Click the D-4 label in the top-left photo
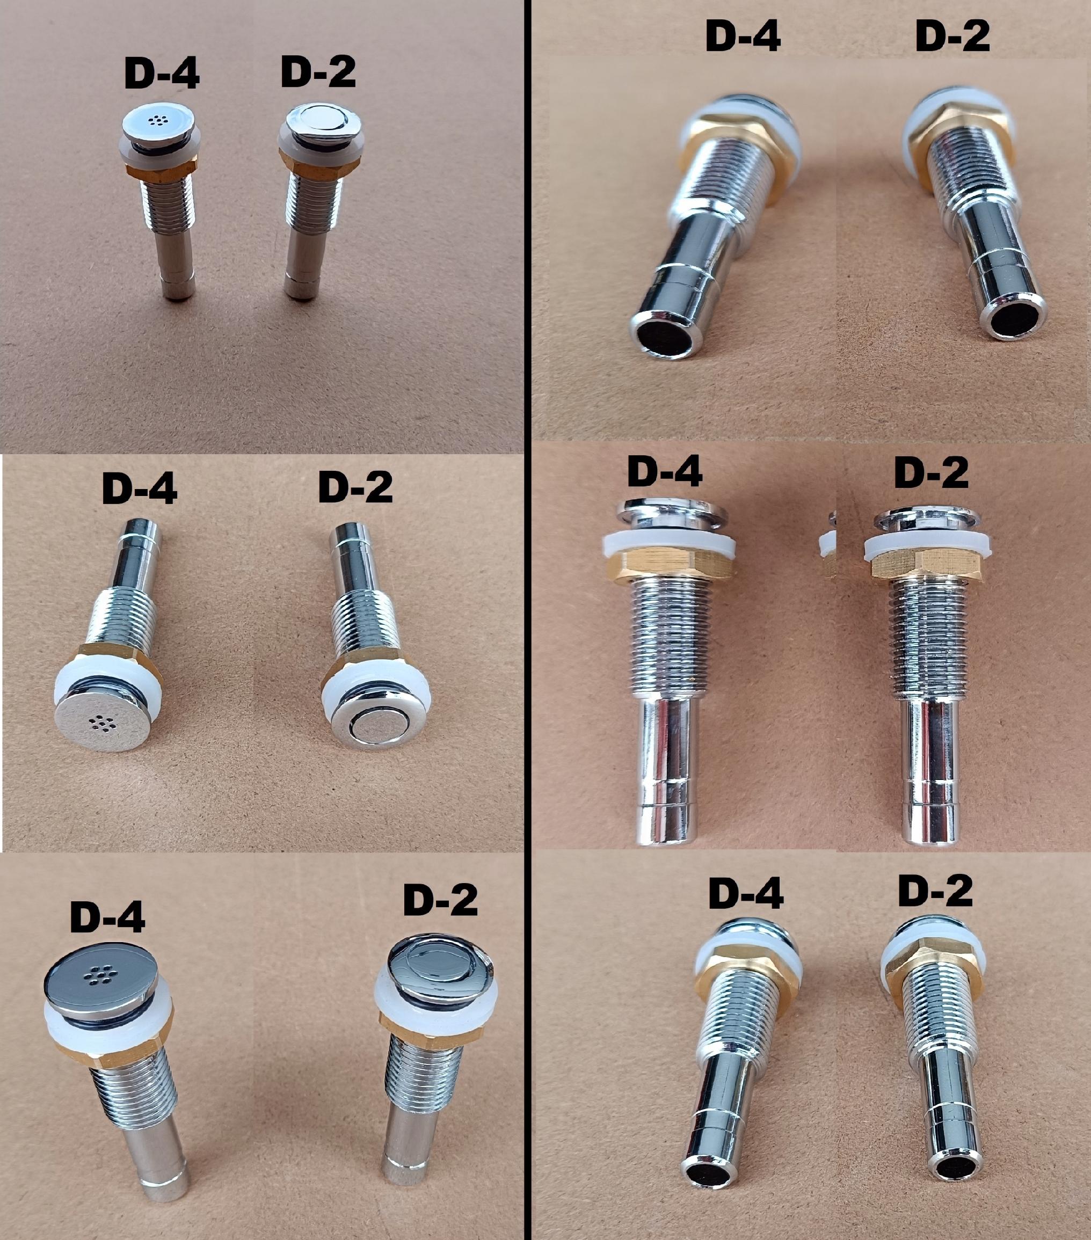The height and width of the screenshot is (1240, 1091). [x=162, y=75]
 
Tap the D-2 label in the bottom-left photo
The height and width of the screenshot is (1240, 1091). [x=440, y=900]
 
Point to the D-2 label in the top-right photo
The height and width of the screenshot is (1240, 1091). [x=952, y=37]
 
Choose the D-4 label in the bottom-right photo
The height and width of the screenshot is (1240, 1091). [x=746, y=894]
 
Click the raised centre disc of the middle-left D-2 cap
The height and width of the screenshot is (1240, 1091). [x=372, y=730]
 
